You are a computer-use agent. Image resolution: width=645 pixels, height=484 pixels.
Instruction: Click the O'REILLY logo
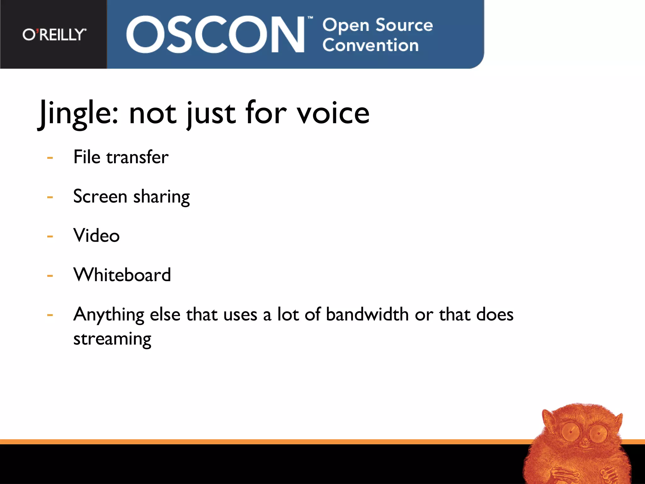(54, 34)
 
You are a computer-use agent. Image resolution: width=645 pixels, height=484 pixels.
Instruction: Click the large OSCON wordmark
(215, 34)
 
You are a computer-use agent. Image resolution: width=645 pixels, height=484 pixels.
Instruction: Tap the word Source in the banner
(404, 25)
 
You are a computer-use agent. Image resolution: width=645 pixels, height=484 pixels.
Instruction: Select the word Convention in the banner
(370, 45)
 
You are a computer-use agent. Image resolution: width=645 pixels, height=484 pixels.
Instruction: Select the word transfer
(137, 157)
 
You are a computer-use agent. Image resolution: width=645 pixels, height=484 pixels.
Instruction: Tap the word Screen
(100, 196)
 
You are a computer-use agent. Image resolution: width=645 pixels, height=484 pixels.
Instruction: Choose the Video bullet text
(96, 235)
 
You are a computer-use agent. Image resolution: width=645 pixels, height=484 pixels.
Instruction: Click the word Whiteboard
(122, 274)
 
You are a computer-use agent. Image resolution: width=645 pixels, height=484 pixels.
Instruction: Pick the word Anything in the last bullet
(109, 315)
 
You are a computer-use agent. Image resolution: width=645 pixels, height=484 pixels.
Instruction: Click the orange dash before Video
(50, 236)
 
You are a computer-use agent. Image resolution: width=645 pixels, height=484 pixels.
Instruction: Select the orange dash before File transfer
(50, 158)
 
